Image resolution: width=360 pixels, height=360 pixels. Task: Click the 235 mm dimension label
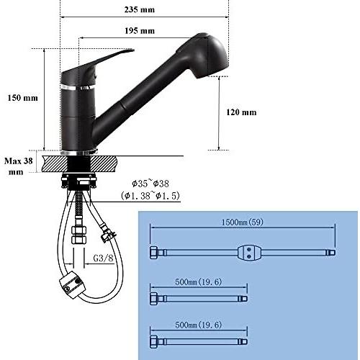pyautogui.click(x=140, y=9)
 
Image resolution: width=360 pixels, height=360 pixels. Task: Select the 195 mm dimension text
pyautogui.click(x=140, y=31)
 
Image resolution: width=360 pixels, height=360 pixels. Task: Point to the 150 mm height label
pyautogui.click(x=22, y=98)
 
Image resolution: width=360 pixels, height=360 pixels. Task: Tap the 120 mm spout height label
pyautogui.click(x=241, y=112)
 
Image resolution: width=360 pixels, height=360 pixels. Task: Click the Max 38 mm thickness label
pyautogui.click(x=18, y=166)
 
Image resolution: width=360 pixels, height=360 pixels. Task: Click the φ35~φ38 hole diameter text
pyautogui.click(x=150, y=184)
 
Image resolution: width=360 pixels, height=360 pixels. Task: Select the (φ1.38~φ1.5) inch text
pyautogui.click(x=150, y=196)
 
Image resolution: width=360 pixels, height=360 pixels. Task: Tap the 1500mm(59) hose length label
pyautogui.click(x=242, y=222)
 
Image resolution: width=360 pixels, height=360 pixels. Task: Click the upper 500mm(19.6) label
pyautogui.click(x=198, y=282)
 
